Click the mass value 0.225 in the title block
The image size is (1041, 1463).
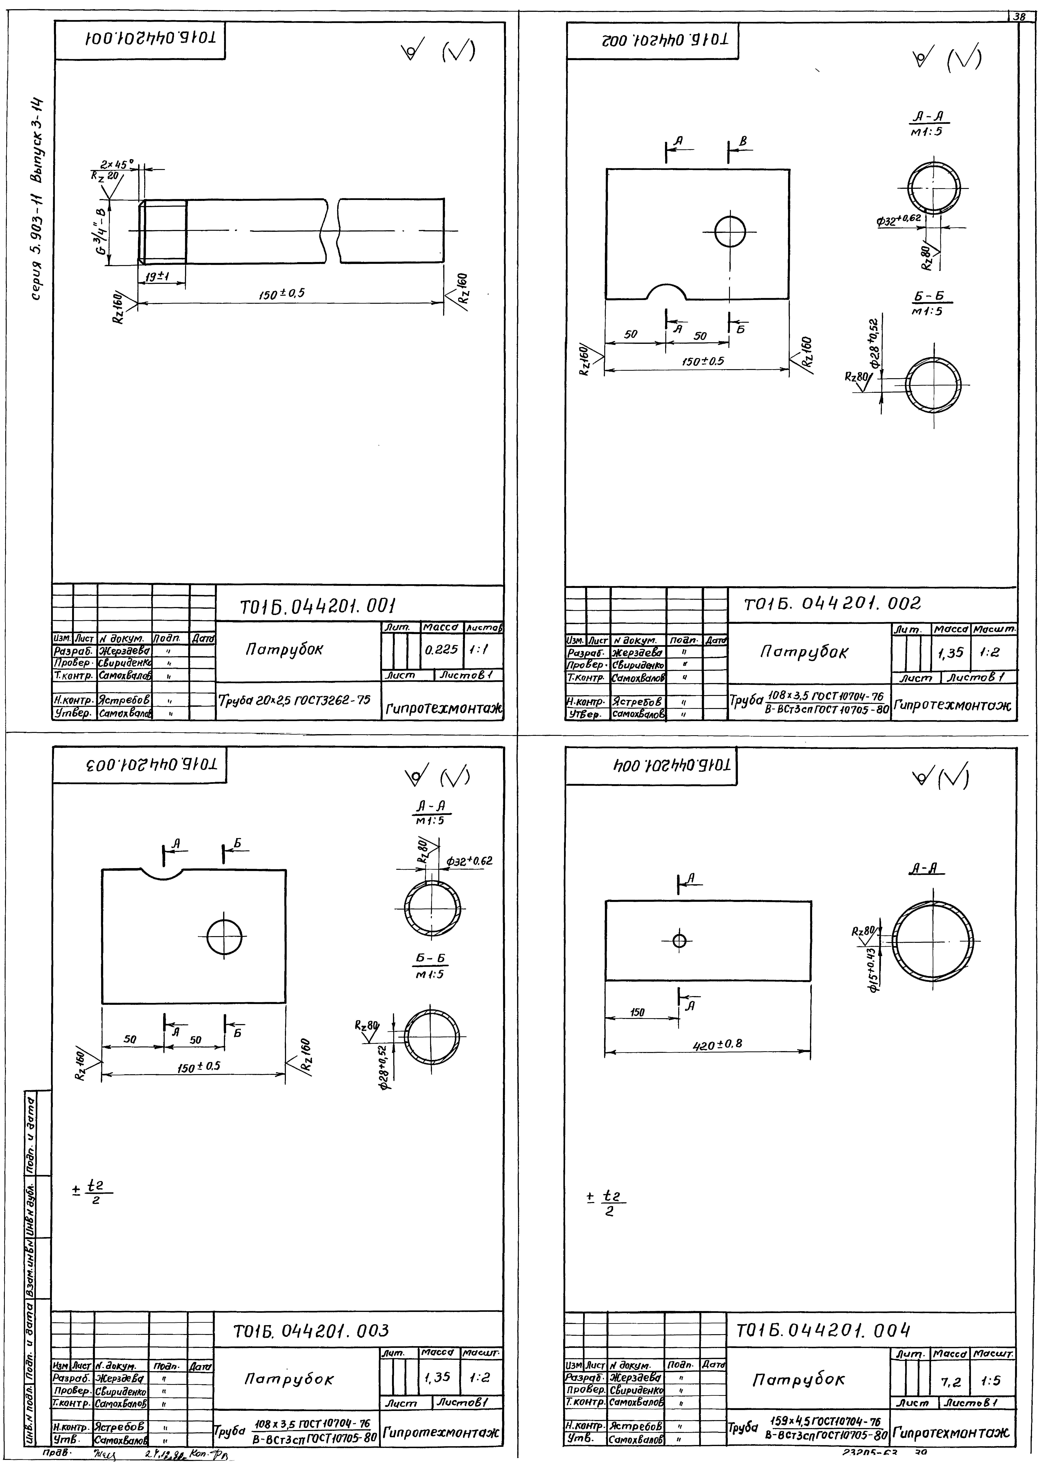[441, 649]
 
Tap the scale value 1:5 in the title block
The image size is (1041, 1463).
[994, 1382]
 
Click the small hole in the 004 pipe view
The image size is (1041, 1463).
[679, 941]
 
